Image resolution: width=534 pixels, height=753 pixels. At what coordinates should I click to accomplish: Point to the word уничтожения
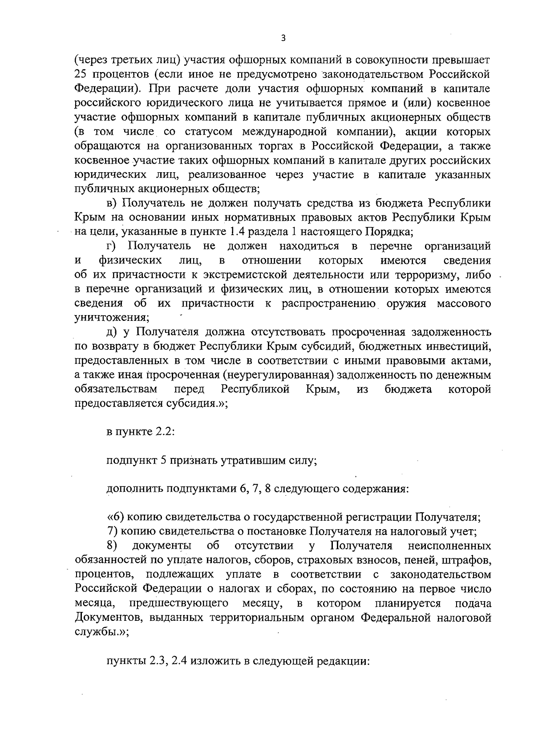pyautogui.click(x=110, y=318)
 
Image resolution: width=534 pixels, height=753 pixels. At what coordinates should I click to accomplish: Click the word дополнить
pyautogui.click(x=134, y=490)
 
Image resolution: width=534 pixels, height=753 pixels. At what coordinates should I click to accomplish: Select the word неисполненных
pyautogui.click(x=449, y=546)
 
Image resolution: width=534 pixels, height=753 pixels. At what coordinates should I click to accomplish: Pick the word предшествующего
pyautogui.click(x=179, y=604)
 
